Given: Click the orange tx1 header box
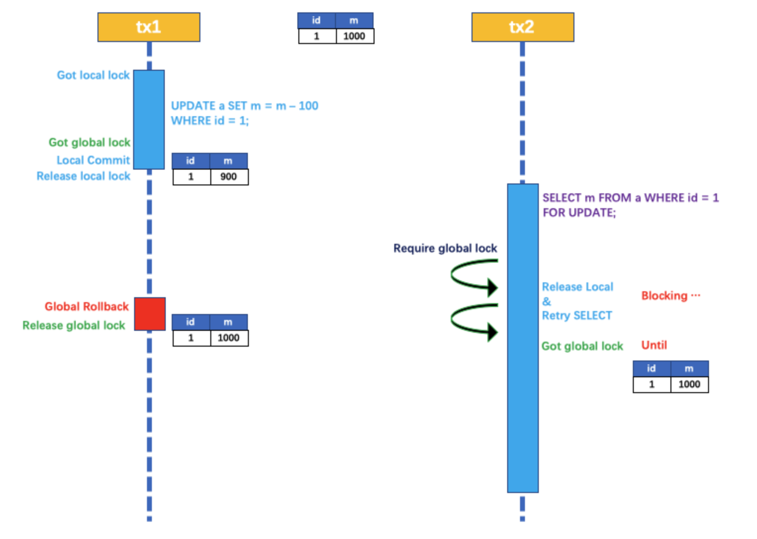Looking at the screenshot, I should [148, 27].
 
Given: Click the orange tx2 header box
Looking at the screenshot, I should [522, 27].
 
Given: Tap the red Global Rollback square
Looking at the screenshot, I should [150, 314].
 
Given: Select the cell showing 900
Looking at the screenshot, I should [229, 177].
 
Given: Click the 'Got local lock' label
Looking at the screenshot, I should [93, 75].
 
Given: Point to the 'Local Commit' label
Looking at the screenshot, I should [93, 160].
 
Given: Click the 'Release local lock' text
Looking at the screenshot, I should [83, 176].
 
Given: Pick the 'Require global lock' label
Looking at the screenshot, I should [445, 248].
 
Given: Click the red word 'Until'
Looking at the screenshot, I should [654, 345].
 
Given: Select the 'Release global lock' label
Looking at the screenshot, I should [74, 325].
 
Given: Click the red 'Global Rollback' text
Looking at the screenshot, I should [87, 307].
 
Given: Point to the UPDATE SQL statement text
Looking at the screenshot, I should [244, 113].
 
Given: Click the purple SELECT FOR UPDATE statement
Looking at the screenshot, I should [630, 205].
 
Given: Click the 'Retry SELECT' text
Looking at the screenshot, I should [577, 315].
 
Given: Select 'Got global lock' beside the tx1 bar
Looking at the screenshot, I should [89, 142].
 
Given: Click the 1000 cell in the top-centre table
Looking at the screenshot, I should [354, 36].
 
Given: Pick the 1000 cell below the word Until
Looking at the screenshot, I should [689, 384].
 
